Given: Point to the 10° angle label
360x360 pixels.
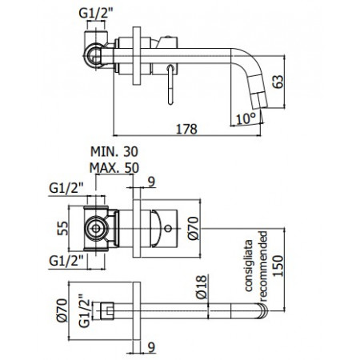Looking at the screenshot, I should coord(248,117).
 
